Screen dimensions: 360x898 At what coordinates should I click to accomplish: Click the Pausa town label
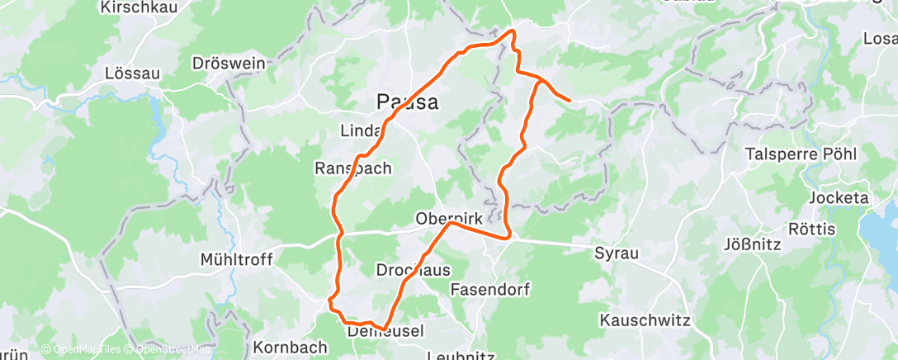406,102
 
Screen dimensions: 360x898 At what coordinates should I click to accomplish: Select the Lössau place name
132,73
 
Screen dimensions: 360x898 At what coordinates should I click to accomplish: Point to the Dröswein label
216,63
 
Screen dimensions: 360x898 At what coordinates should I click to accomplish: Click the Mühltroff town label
236,259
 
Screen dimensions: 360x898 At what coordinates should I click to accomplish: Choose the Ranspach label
353,168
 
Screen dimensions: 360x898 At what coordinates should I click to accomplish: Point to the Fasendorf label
490,290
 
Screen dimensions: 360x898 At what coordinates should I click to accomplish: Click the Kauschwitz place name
645,319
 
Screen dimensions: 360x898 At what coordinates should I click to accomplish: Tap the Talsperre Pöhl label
801,154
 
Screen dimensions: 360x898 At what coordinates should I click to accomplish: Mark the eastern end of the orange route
570,101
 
